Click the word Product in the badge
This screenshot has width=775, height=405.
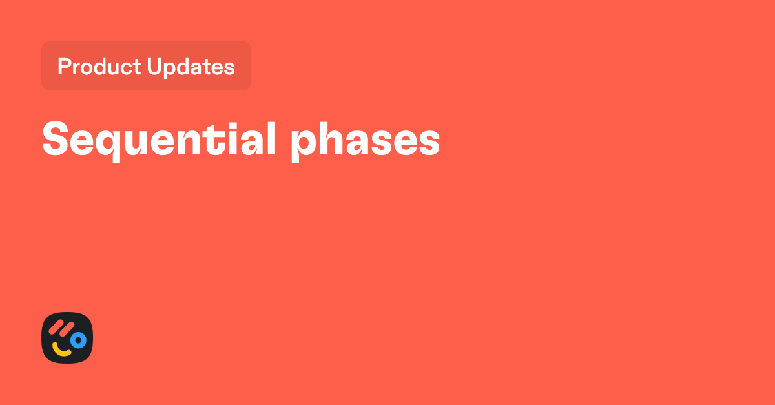click(x=99, y=67)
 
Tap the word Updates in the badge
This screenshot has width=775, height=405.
click(x=191, y=67)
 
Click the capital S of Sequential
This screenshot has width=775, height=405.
click(x=55, y=139)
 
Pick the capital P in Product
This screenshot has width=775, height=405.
click(x=63, y=67)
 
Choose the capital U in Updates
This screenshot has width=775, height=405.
click(x=154, y=67)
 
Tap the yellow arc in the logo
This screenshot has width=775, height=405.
click(x=62, y=351)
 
